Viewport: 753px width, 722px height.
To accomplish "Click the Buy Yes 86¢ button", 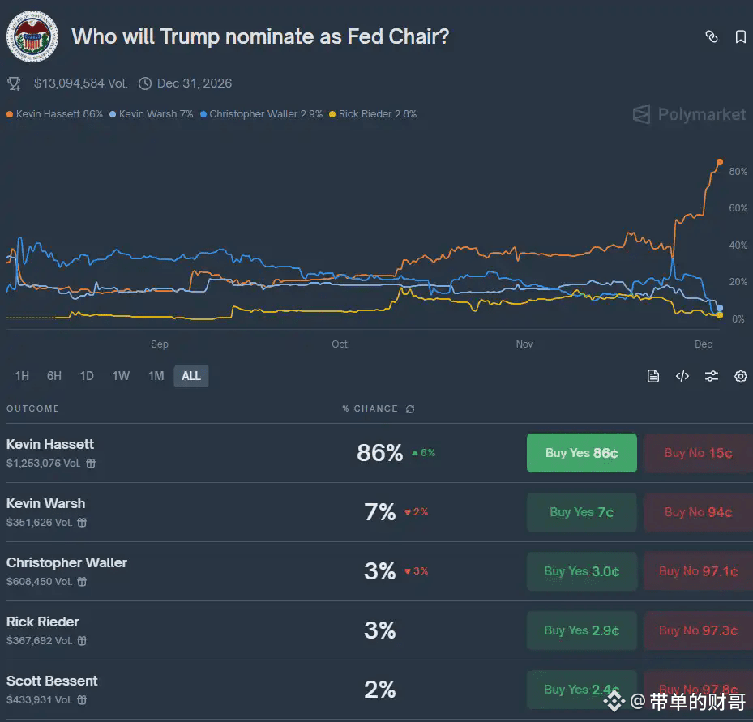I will click(x=581, y=453).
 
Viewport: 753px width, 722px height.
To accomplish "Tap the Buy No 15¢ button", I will click(x=698, y=453).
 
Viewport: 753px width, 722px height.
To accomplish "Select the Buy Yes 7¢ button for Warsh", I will click(x=581, y=512).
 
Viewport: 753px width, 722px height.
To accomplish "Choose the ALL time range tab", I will click(x=190, y=376).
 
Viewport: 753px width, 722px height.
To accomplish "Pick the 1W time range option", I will click(x=121, y=376).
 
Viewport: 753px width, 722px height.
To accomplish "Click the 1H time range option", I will click(x=22, y=376).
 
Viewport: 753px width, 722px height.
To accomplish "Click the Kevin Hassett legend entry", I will click(x=55, y=114).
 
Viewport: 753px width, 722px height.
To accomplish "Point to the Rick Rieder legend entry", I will click(x=373, y=114).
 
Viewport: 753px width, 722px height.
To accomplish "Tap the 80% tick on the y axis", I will click(x=738, y=172).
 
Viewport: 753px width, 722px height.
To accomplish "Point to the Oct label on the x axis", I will click(x=340, y=344).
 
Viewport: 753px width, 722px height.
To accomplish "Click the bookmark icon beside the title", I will click(x=740, y=37).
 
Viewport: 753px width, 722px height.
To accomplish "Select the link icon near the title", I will click(x=711, y=37).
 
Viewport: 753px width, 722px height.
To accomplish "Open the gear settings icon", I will click(x=740, y=376).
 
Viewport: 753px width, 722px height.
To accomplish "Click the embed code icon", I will click(x=682, y=376).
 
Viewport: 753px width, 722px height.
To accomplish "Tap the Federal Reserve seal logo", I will click(x=32, y=36).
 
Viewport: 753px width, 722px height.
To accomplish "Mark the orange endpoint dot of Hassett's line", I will click(x=719, y=163).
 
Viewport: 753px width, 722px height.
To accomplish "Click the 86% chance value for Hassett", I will click(x=379, y=453).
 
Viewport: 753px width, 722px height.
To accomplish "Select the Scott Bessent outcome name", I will click(x=52, y=681).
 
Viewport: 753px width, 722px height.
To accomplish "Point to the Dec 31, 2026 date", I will click(x=195, y=83).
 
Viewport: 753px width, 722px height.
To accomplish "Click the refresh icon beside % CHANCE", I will click(x=410, y=409).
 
